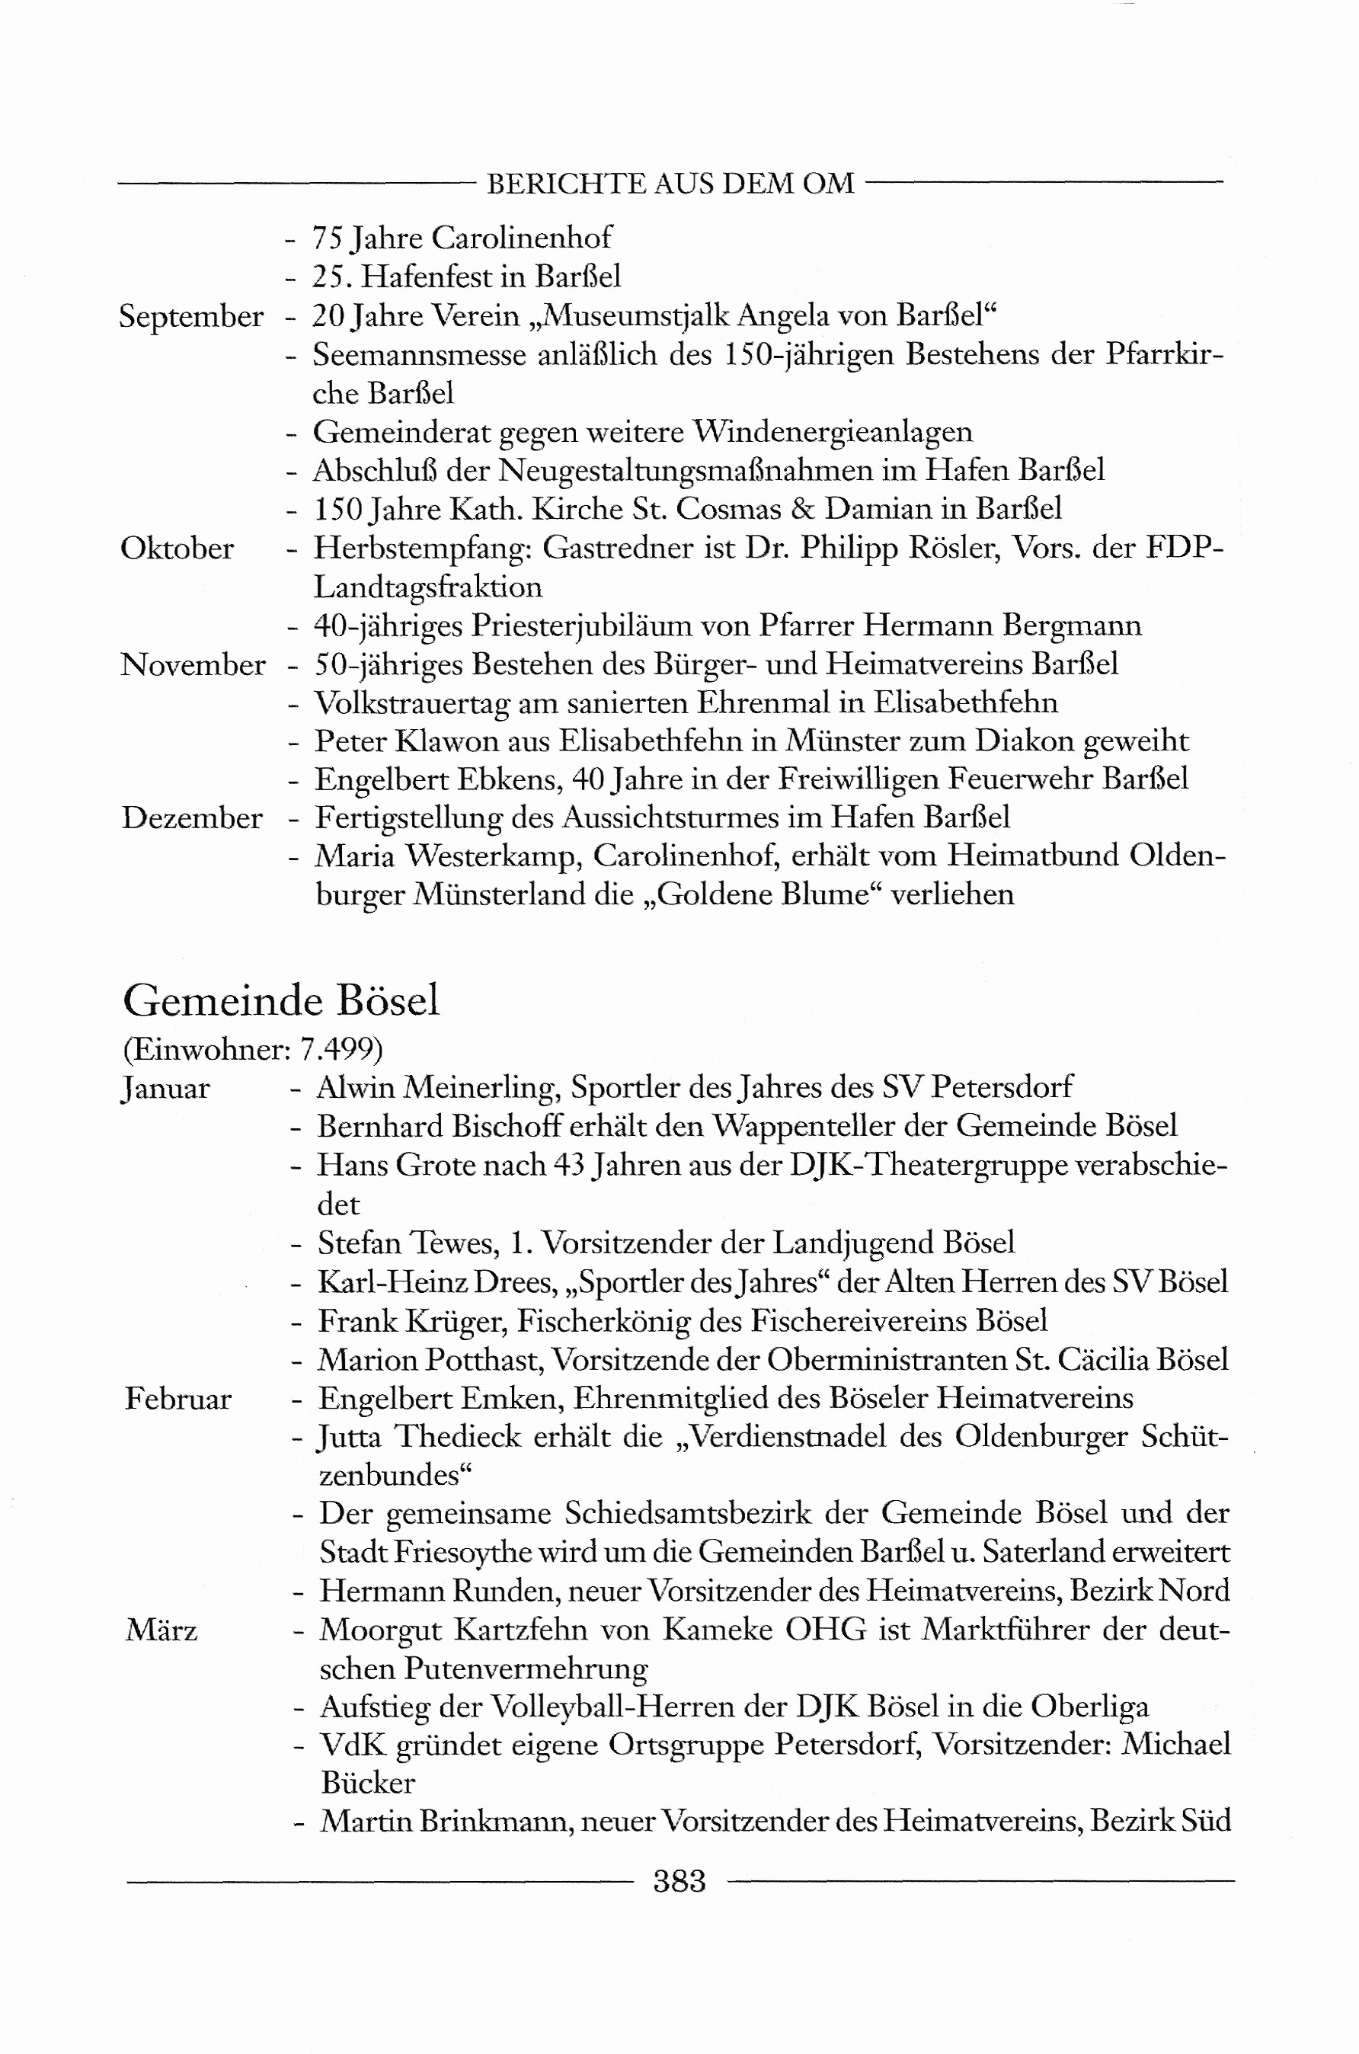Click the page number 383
coord(679,1882)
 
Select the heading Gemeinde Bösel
coord(281,1001)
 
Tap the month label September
coord(190,317)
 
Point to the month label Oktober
coord(177,549)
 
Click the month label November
coord(193,665)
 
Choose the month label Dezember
coord(191,818)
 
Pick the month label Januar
coord(165,1089)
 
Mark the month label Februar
coord(177,1399)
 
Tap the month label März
coord(161,1630)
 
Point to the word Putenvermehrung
coord(526,1669)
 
